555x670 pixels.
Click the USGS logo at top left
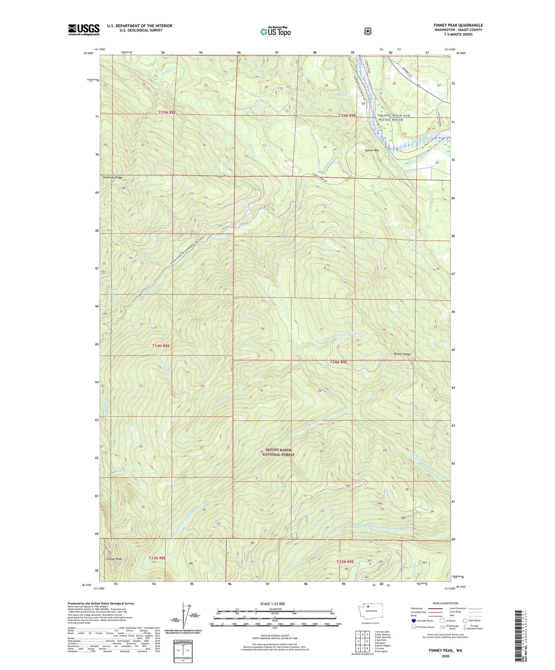(x=84, y=29)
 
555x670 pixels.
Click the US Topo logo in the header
(x=275, y=31)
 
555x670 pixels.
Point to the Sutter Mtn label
(x=373, y=150)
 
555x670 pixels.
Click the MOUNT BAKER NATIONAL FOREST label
(x=278, y=452)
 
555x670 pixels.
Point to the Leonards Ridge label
(x=112, y=178)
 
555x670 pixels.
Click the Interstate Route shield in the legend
(x=413, y=620)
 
